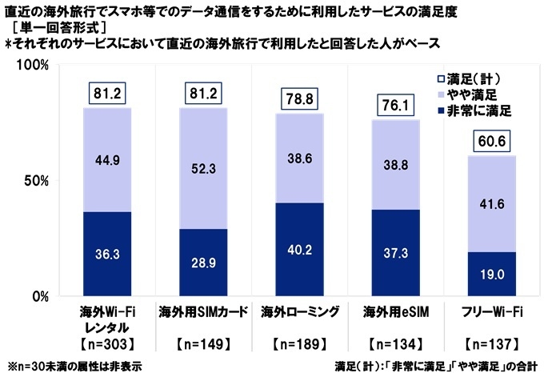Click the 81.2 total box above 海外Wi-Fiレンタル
click(x=107, y=93)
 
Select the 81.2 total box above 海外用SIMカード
click(x=203, y=93)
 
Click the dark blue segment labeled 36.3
click(x=107, y=255)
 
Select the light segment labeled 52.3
click(x=203, y=168)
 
